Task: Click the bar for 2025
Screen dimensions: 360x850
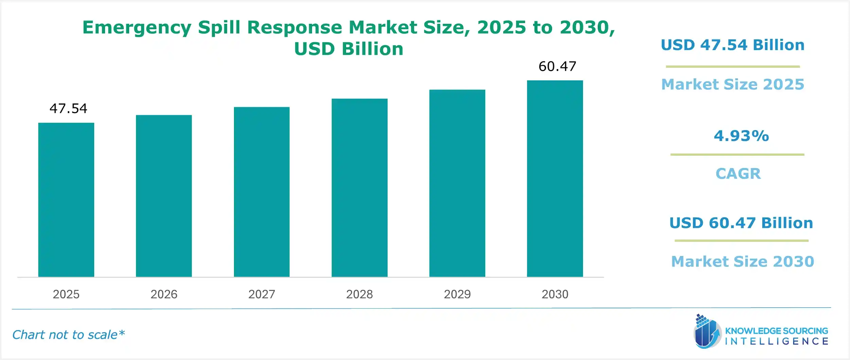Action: (x=66, y=200)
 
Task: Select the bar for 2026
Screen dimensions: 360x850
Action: (x=164, y=196)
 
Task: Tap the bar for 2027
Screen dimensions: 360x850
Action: (x=261, y=192)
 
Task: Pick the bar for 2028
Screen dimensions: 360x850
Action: (x=359, y=188)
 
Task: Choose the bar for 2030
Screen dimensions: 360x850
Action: (x=555, y=178)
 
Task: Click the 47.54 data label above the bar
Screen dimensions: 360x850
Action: (x=68, y=108)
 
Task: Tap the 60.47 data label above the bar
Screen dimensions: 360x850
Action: (x=557, y=66)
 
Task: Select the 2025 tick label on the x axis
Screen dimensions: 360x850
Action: (x=66, y=294)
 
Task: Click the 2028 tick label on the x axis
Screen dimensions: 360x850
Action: (x=359, y=294)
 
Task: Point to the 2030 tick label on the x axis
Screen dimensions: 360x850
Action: (x=555, y=294)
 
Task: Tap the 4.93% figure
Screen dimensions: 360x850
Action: (x=741, y=136)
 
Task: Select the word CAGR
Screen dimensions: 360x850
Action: (x=738, y=174)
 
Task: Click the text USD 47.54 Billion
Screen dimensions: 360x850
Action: (x=733, y=45)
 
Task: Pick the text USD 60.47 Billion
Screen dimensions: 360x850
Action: (x=741, y=223)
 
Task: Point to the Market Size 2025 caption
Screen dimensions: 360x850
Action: (x=733, y=84)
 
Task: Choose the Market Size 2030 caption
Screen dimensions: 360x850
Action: (x=743, y=261)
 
